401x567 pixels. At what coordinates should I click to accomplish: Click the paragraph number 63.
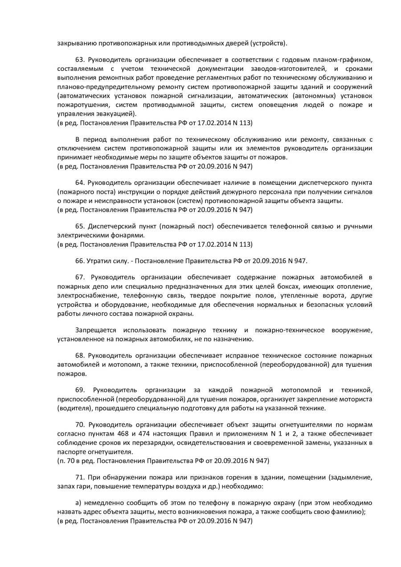pos(80,60)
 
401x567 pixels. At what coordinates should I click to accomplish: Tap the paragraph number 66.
pos(80,260)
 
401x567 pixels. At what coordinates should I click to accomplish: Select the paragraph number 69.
pos(80,390)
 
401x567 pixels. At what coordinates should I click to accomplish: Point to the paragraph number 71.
pos(80,478)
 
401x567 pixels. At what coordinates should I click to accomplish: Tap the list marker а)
pos(79,503)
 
